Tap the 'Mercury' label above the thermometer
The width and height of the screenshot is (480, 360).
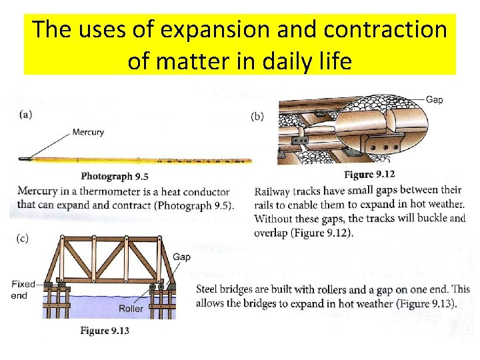[x=88, y=132]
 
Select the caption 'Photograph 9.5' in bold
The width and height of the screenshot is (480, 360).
[x=114, y=177]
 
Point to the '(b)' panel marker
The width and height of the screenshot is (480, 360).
[x=257, y=116]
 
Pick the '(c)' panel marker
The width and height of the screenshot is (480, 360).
[x=23, y=239]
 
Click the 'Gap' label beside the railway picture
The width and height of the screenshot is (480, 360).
[x=434, y=100]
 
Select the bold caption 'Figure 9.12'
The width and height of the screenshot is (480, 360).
[x=369, y=175]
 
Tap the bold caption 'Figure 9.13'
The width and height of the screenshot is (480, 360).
[x=105, y=331]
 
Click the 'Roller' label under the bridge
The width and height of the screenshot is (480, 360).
[x=131, y=309]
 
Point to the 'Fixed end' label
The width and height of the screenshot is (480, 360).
[x=23, y=289]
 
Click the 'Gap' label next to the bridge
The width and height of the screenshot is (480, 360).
[x=181, y=257]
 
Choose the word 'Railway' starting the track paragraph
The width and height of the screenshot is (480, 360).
[x=272, y=191]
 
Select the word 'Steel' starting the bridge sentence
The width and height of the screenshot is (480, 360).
[x=208, y=290]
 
